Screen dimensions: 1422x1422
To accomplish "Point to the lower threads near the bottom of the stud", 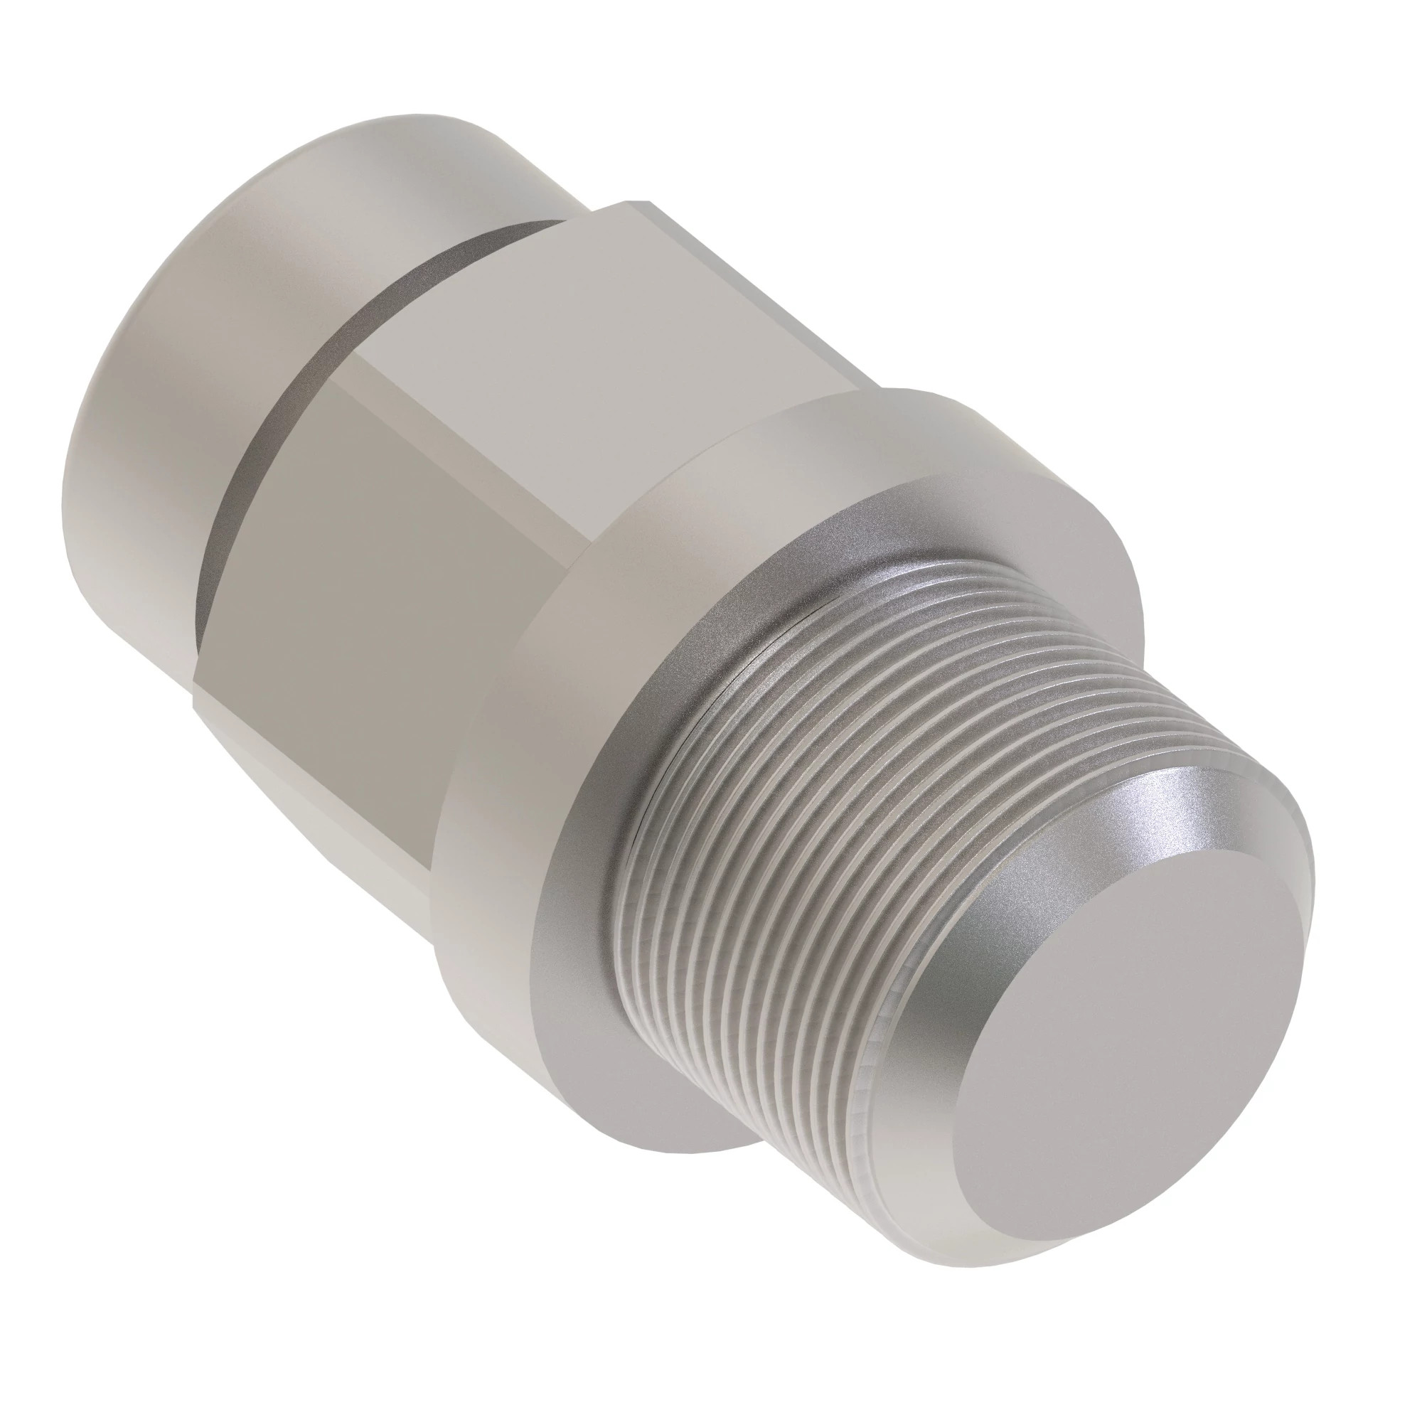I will pyautogui.click(x=773, y=1089).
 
